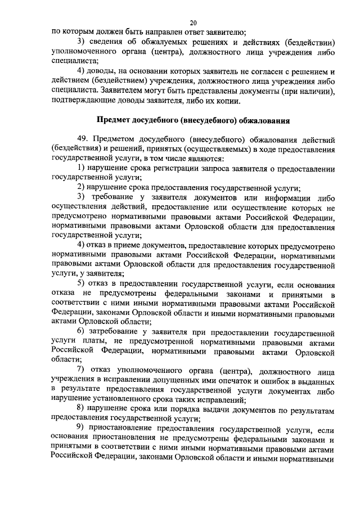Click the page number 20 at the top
pyautogui.click(x=193, y=23)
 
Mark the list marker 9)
pyautogui.click(x=82, y=428)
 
